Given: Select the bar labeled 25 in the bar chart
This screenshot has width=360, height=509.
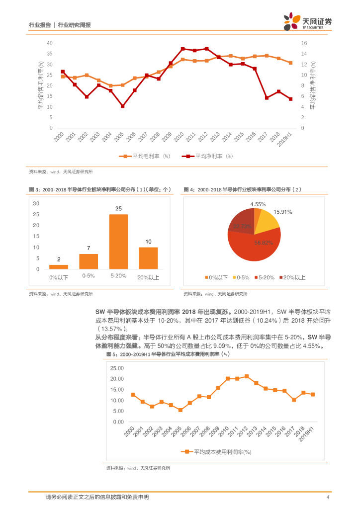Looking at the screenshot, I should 118,242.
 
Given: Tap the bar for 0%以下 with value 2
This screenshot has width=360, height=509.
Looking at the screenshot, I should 59,267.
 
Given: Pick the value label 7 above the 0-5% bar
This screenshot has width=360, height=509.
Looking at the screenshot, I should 89,248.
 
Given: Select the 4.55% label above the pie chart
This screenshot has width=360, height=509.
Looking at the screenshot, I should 258,204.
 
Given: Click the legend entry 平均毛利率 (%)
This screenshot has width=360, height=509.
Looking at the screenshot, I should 144,156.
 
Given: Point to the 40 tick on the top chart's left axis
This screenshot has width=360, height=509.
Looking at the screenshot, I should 49,43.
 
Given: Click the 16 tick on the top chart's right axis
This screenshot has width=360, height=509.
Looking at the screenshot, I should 304,43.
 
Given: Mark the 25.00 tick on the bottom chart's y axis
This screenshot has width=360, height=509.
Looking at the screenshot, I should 117,368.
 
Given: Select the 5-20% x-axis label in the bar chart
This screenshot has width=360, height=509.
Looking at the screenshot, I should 118,276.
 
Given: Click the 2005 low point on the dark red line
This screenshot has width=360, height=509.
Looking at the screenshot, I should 122,106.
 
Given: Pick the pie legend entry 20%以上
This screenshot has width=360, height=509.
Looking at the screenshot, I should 294,277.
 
